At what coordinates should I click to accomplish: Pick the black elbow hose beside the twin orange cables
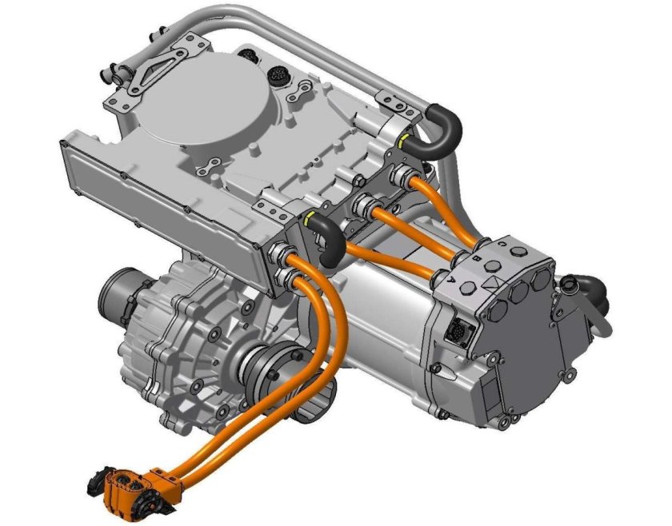coord(326,239)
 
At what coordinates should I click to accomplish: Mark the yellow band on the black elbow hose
coord(307,217)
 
